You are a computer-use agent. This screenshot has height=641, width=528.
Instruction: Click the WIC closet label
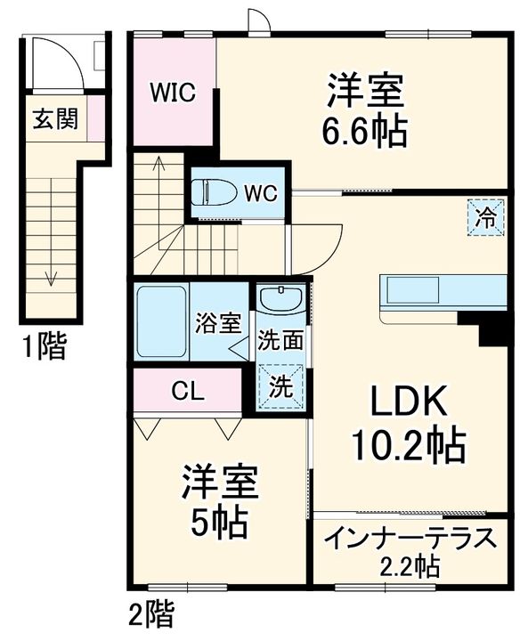[x=173, y=93]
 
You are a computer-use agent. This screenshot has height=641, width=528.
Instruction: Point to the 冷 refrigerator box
[x=487, y=216]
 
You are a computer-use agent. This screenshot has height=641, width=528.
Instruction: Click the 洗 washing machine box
[x=280, y=388]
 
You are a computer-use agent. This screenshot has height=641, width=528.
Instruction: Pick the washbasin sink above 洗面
[x=280, y=299]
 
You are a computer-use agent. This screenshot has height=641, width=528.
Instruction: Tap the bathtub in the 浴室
[x=161, y=321]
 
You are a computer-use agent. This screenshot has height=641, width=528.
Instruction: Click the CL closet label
[x=188, y=390]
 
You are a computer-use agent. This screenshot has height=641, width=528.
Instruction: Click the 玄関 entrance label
[x=55, y=118]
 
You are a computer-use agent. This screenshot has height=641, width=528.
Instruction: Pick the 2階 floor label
[x=150, y=614]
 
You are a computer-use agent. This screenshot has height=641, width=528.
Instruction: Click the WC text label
[x=261, y=192]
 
